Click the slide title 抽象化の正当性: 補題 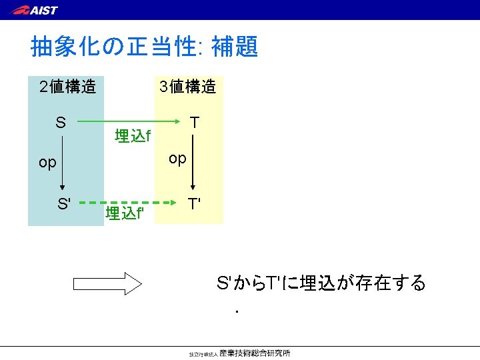pos(144,47)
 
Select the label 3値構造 pos(187,87)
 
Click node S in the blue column pos(61,123)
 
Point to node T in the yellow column pos(194,123)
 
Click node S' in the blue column pos(64,203)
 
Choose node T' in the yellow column pos(195,203)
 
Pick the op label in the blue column pos(47,163)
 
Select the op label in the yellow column pos(177,159)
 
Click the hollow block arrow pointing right pos(107,284)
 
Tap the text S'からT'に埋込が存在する pos(321,283)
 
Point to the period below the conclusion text pos(237,311)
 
